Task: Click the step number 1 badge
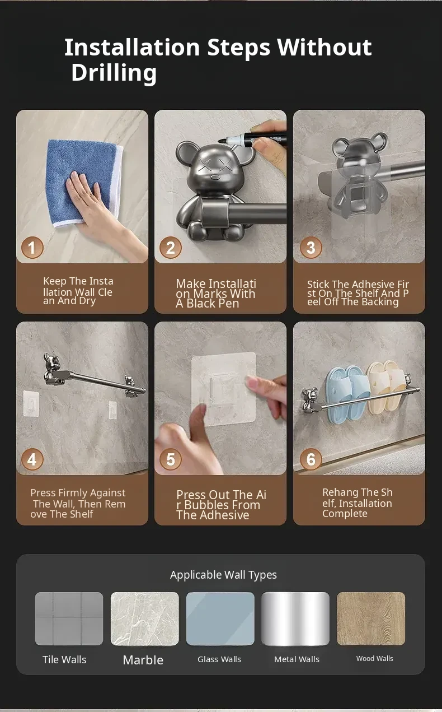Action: pos(32,248)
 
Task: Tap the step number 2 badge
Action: pos(171,248)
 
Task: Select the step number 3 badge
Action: pos(311,248)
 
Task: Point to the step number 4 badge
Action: pos(32,459)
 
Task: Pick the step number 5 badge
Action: pos(171,459)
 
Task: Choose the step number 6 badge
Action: pos(311,459)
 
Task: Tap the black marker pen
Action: pos(253,138)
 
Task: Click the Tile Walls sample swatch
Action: pos(69,618)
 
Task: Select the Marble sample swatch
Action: pos(145,618)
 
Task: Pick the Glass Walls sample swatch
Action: pos(220,618)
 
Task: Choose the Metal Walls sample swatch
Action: pos(295,618)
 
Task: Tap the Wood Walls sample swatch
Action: pos(371,618)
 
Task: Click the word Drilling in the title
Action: pos(114,73)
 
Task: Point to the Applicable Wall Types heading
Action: pos(223,575)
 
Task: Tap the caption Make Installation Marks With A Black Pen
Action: pos(216,294)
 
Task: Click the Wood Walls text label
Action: pos(375,659)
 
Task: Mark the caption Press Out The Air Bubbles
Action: pos(222,505)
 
